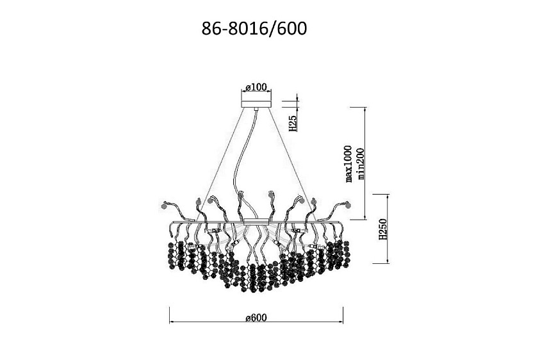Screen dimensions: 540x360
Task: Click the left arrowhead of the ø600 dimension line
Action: click(x=172, y=322)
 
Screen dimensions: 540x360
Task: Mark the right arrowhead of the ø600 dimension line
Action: click(x=341, y=322)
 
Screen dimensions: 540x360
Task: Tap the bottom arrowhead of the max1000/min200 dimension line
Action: click(x=364, y=217)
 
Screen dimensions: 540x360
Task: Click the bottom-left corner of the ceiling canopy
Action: click(x=241, y=107)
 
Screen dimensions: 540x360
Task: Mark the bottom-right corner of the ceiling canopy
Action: click(x=271, y=107)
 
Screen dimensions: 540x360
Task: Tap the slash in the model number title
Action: click(x=271, y=29)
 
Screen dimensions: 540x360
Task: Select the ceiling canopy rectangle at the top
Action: click(x=256, y=104)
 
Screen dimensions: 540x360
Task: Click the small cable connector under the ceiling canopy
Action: click(x=256, y=109)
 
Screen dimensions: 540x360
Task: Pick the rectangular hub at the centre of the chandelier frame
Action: click(x=256, y=222)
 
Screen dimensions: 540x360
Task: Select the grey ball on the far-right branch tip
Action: click(x=347, y=206)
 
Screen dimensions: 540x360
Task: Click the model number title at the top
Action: click(x=254, y=29)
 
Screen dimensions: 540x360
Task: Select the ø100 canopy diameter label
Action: click(x=256, y=87)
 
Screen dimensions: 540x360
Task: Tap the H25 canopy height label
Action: click(x=292, y=123)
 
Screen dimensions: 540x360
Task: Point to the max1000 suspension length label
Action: click(x=349, y=163)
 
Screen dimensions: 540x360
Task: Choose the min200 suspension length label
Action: click(x=361, y=164)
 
